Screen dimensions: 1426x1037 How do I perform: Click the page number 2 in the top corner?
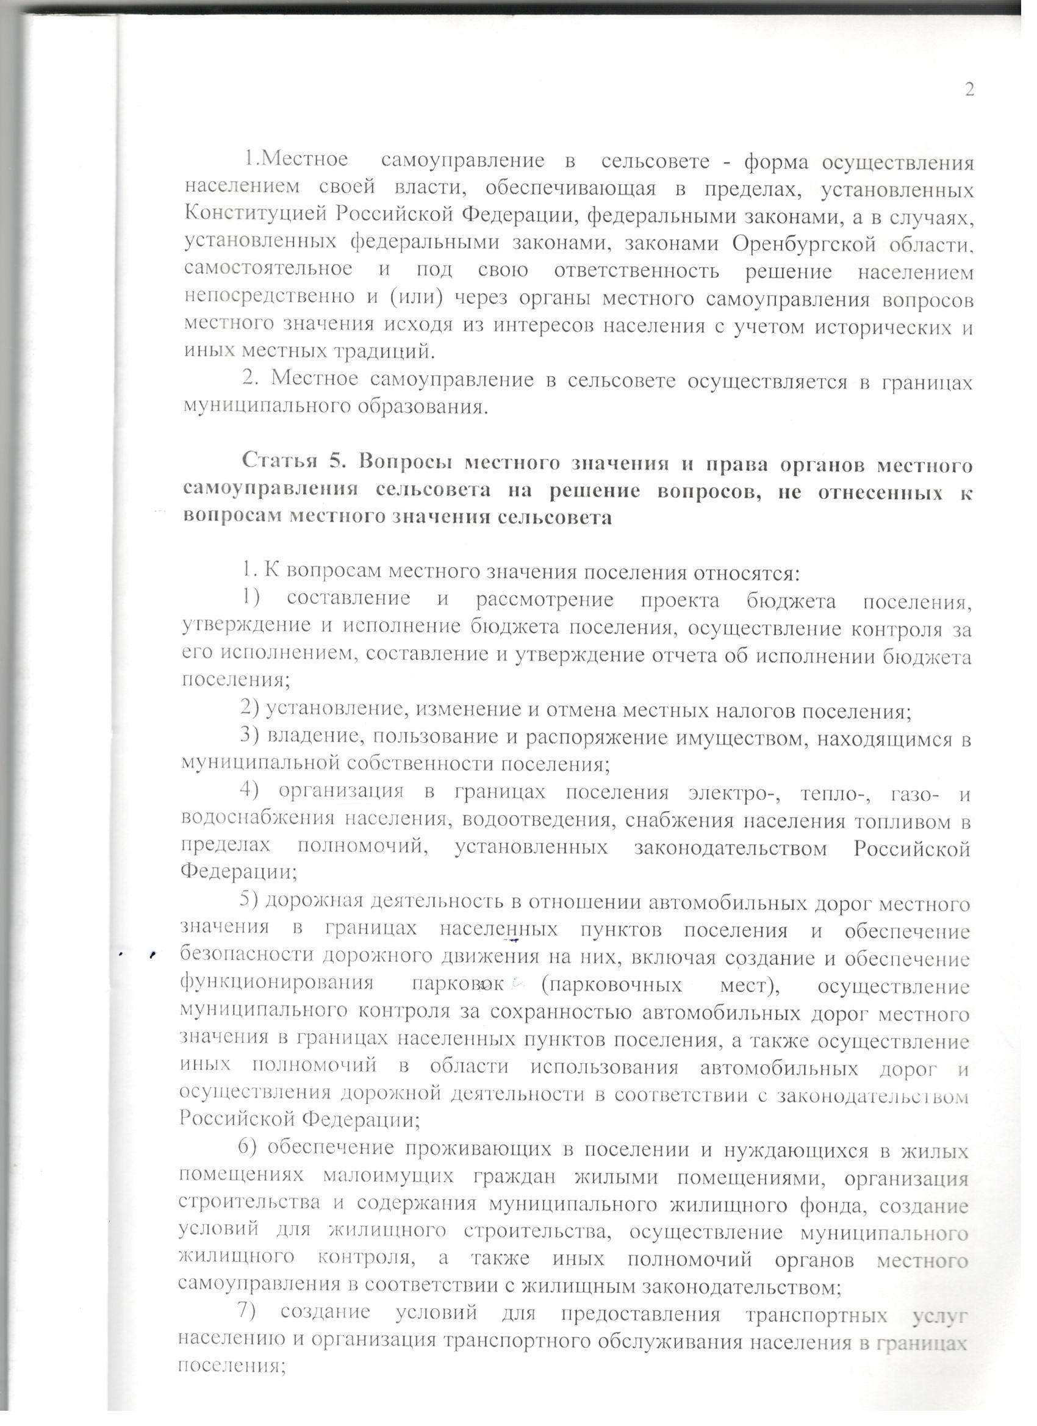[969, 90]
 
